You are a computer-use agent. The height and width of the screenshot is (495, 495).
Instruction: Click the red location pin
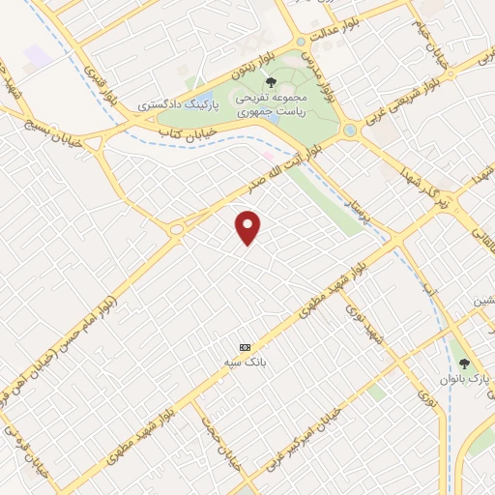[248, 226]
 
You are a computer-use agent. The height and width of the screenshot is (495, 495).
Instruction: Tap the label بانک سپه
[249, 362]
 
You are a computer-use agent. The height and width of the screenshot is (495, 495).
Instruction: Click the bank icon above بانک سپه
[245, 346]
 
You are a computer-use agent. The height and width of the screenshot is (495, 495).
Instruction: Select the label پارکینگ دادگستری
[179, 102]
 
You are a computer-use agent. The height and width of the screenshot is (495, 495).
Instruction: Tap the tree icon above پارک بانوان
[465, 364]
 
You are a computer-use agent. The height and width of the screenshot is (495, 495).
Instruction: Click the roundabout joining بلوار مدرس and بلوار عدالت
[302, 43]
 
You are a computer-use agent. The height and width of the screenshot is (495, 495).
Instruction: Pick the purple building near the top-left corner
[36, 56]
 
